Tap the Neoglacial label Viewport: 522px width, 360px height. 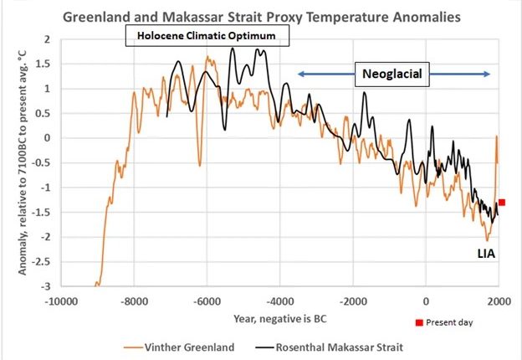tap(391, 75)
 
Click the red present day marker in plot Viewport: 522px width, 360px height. tap(502, 202)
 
